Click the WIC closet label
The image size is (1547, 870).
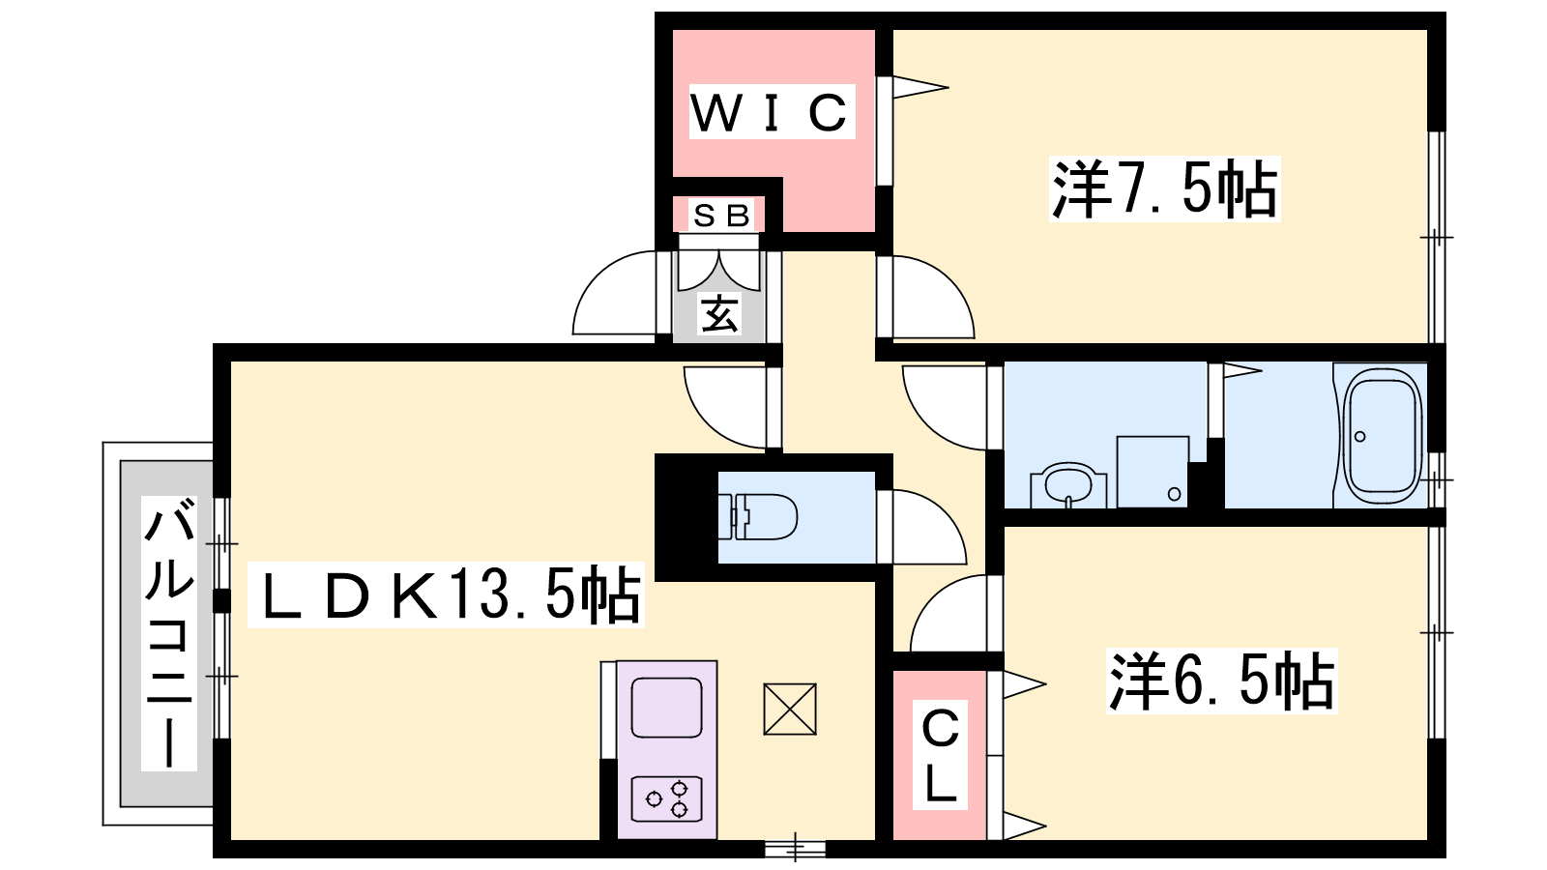771,112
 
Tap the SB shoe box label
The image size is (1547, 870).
721,216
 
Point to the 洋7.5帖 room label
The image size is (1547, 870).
1164,188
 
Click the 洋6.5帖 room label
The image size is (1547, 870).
1221,681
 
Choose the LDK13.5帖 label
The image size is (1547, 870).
446,595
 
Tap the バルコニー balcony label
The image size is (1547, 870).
169,633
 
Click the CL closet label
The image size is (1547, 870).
940,756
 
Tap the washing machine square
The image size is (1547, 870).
1153,472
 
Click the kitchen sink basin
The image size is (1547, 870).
666,707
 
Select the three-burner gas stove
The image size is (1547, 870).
666,798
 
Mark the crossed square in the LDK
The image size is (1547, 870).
790,709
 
